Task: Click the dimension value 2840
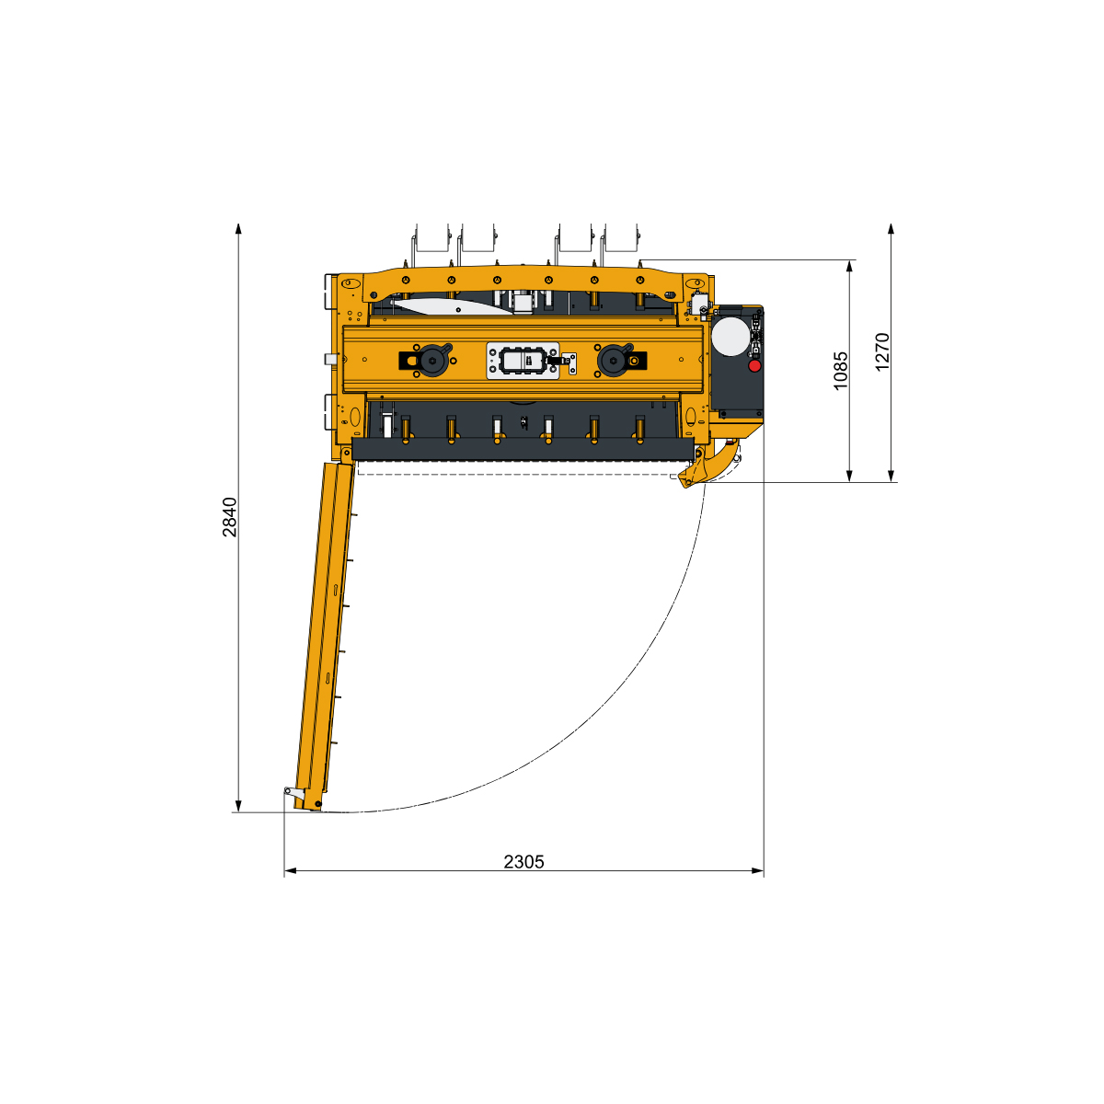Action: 229,517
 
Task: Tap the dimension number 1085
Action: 840,371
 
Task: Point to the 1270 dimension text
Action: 882,351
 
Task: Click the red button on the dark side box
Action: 754,365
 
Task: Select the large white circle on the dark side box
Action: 730,337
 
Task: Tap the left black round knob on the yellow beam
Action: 432,360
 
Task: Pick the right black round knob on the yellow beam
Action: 614,360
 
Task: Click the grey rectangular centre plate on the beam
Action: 522,361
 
